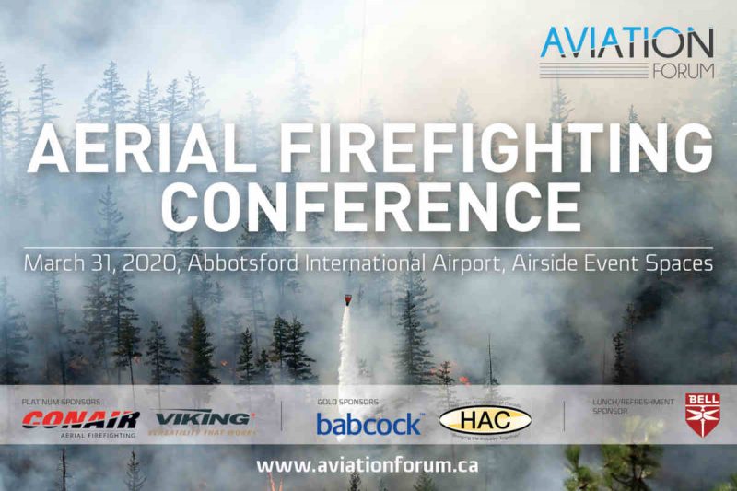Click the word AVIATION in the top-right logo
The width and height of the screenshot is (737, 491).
[626, 42]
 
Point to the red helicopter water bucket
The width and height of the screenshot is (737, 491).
[347, 299]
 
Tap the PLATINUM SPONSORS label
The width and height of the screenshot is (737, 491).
[62, 403]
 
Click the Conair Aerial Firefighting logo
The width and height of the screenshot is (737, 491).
[81, 423]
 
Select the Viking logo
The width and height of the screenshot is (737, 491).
[204, 421]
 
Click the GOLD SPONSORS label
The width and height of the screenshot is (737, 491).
[347, 403]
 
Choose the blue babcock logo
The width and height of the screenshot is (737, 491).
[368, 424]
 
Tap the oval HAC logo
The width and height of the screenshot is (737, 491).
[485, 421]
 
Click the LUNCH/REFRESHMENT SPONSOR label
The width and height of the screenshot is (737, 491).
[624, 406]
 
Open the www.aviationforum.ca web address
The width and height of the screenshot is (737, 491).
[368, 464]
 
